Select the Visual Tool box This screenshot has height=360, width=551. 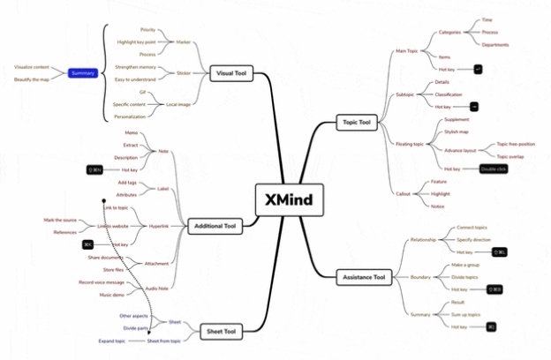pos(231,74)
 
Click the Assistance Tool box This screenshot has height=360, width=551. pos(364,278)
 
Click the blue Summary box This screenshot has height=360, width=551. pos(84,73)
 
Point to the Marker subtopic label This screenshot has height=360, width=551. pos(183,41)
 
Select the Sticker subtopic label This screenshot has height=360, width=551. pos(183,73)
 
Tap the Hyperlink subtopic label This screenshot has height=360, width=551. pos(160,226)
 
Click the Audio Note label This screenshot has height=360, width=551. pos(156,289)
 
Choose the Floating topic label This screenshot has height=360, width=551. pos(411,144)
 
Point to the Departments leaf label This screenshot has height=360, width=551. pos(496,43)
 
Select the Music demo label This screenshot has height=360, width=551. pos(111,295)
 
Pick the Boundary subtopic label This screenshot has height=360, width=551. pos(420,277)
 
